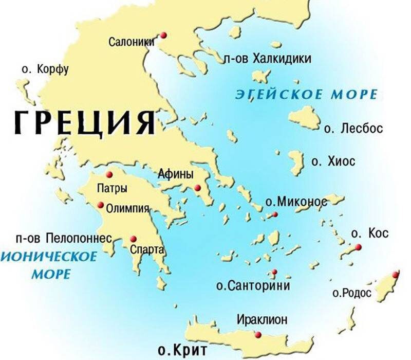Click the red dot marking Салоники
coord(163,35)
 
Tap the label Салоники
coord(131,43)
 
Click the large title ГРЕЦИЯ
coord(85,122)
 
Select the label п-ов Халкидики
coord(267,59)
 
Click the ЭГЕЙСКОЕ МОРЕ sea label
coord(306,94)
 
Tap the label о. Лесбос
coord(353,129)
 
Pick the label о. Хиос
coord(333,161)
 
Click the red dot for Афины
coord(197,188)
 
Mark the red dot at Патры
coord(109,175)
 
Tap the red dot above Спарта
coord(134,239)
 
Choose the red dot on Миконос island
coord(275,214)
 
